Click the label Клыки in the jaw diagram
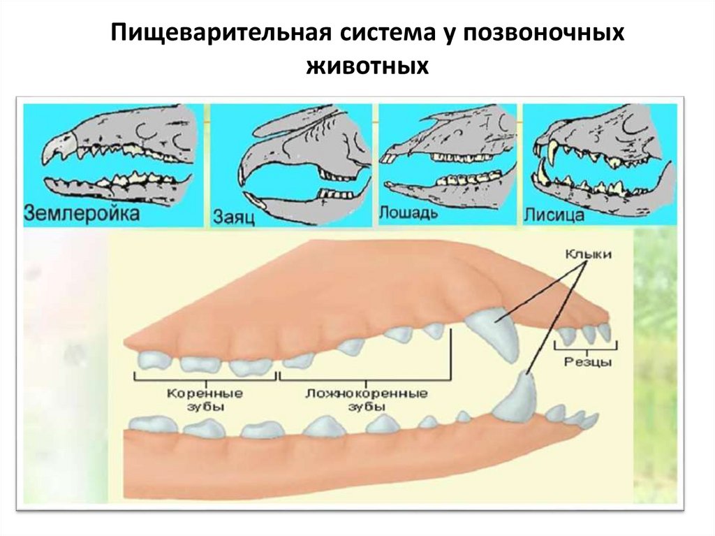click(x=588, y=255)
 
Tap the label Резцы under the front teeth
click(x=587, y=362)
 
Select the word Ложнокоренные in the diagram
click(x=366, y=393)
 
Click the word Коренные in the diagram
click(x=204, y=393)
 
